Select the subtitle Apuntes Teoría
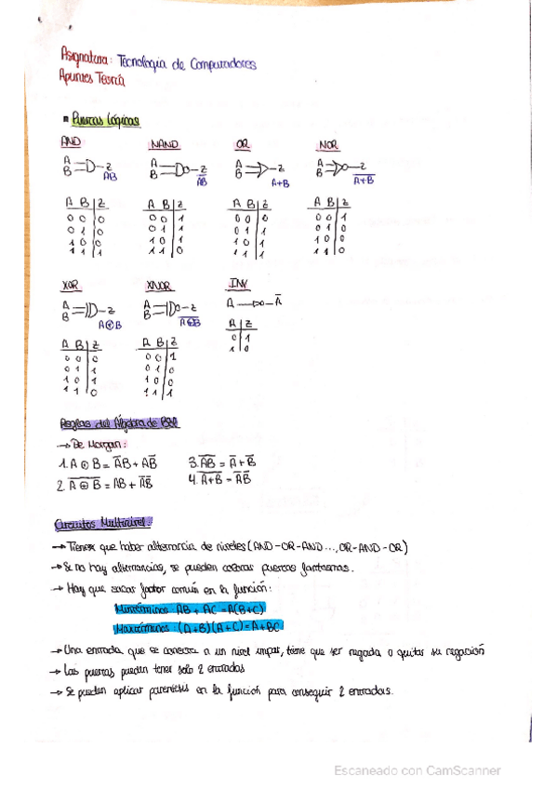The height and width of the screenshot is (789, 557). [x=90, y=81]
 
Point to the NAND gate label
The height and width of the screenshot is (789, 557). [x=164, y=145]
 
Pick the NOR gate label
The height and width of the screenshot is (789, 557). [x=328, y=145]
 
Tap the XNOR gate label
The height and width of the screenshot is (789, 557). [x=159, y=285]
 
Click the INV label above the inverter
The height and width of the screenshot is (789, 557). [x=238, y=283]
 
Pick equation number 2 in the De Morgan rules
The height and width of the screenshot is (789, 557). [x=103, y=483]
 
